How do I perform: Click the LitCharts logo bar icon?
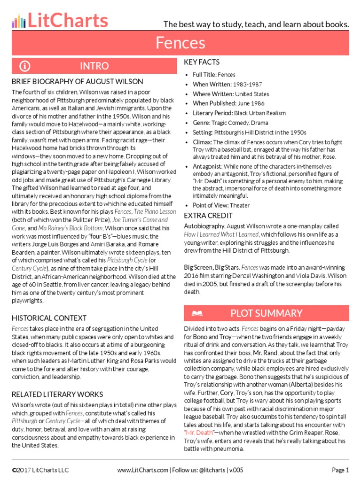point(18,21)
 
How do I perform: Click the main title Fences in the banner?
point(180,43)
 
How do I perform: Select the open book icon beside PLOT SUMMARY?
point(197,313)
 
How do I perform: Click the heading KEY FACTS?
point(202,62)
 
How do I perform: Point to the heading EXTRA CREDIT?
point(208,216)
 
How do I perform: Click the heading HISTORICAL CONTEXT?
point(49,318)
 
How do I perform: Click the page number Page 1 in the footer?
point(340,470)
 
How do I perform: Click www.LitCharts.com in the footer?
point(142,470)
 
